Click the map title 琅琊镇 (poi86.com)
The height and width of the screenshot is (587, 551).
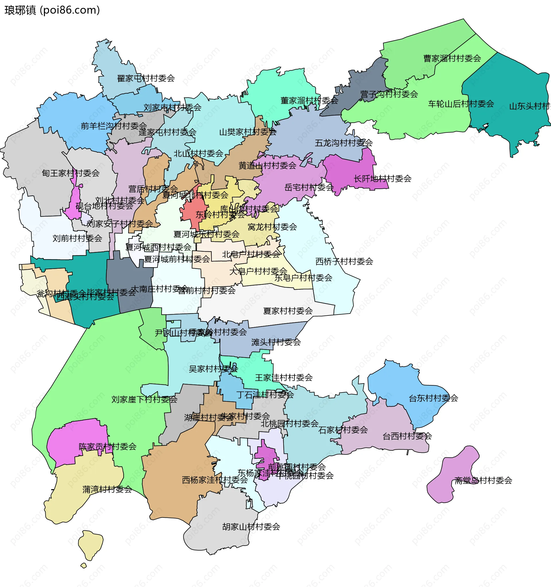pos(52,10)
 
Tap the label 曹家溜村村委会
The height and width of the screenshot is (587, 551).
pos(452,58)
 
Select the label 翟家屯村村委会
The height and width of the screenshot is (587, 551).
pos(146,78)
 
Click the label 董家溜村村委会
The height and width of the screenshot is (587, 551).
pos(309,101)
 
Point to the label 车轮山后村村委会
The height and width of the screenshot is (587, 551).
pos(461,104)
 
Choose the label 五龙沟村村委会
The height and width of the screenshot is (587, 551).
pos(343,143)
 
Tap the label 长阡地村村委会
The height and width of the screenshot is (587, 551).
pos(382,179)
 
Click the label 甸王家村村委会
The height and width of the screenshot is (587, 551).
pos(71,173)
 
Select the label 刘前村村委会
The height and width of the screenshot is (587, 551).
pos(77,238)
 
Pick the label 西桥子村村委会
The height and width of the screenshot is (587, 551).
pos(344,261)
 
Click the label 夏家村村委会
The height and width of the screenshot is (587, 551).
pos(288,311)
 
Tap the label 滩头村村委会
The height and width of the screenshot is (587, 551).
pos(276,342)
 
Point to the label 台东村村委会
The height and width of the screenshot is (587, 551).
pos(433,398)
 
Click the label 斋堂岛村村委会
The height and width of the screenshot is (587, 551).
pos(483,481)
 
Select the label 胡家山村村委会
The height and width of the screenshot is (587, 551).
pos(251,527)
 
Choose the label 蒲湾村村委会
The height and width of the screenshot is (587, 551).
pos(107,490)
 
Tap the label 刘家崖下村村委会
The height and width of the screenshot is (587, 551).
pos(144,399)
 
